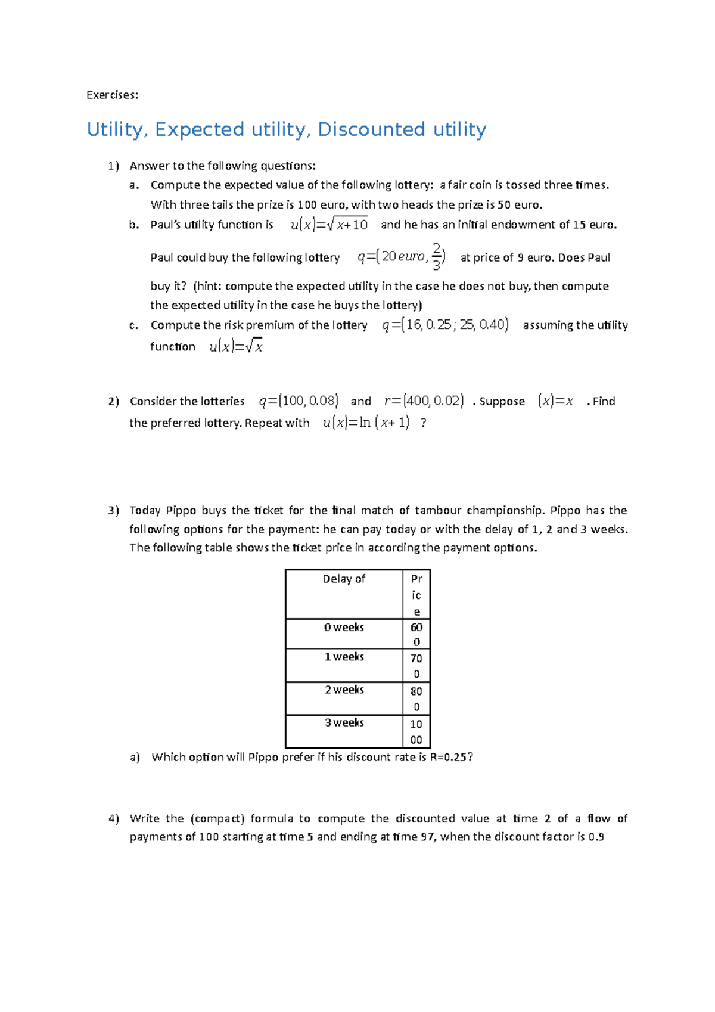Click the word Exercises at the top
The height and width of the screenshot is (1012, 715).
112,95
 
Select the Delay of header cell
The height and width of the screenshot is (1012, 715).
344,579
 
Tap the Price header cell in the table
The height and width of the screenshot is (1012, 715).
416,594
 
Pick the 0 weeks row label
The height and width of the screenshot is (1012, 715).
344,628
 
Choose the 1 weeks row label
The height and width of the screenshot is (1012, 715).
344,657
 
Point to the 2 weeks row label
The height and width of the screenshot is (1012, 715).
344,690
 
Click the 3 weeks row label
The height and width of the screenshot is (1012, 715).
344,722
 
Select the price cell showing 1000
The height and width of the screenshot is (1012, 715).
416,731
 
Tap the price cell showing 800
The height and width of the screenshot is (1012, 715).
416,699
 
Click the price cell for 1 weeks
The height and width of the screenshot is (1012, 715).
416,666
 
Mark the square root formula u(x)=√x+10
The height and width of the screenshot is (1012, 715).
329,225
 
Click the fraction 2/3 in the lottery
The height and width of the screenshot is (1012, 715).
437,256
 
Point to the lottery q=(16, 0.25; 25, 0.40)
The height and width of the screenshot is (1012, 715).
445,325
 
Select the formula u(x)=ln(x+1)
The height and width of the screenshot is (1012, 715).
366,423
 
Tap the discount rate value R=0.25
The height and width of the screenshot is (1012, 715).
449,758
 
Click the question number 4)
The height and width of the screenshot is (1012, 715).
114,819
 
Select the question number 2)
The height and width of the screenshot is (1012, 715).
114,402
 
